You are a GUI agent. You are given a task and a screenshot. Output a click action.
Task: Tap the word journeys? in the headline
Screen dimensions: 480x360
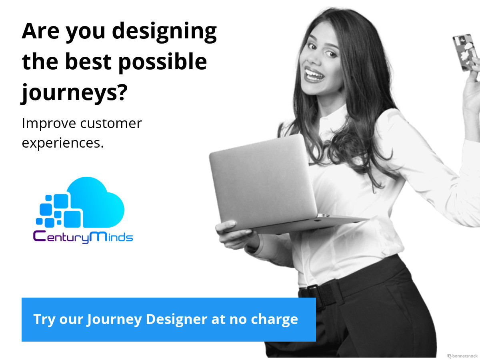pyautogui.click(x=74, y=93)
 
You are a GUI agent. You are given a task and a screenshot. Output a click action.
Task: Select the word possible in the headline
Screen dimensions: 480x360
pyautogui.click(x=163, y=62)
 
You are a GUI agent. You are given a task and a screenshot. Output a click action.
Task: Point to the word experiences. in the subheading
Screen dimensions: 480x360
pyautogui.click(x=63, y=143)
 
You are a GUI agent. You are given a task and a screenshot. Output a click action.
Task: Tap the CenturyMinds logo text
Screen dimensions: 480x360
pyautogui.click(x=83, y=237)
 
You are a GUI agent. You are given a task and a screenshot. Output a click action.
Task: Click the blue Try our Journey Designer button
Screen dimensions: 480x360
pyautogui.click(x=169, y=319)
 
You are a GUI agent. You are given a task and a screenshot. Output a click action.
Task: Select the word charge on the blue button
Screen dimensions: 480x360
pyautogui.click(x=274, y=320)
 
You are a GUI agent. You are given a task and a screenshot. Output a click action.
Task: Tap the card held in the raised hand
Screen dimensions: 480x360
pyautogui.click(x=465, y=52)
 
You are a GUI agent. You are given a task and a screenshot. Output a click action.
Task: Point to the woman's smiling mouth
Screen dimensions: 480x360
pyautogui.click(x=314, y=75)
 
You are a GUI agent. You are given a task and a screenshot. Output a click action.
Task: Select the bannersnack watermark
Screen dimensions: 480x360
pyautogui.click(x=462, y=356)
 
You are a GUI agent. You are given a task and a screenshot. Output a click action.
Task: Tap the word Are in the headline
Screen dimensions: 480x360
pyautogui.click(x=40, y=31)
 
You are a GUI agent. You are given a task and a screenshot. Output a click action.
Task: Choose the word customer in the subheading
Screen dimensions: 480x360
pyautogui.click(x=111, y=124)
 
